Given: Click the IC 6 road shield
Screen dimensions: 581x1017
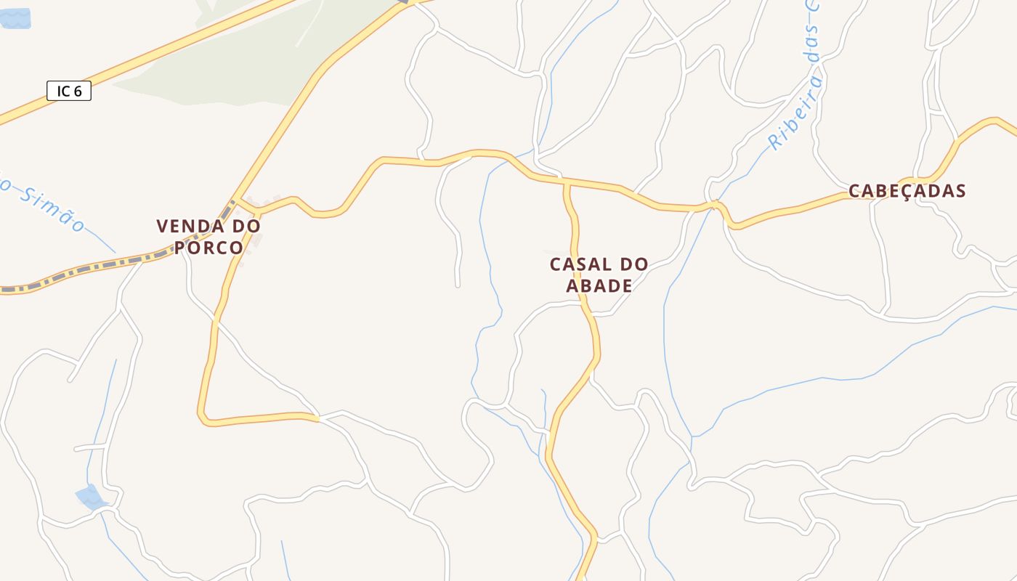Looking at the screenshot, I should (x=69, y=92).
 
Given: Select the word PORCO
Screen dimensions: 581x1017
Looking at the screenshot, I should (x=208, y=248).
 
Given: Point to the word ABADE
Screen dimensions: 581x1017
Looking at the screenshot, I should (x=599, y=285).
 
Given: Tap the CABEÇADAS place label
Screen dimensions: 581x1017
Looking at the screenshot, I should (x=907, y=191).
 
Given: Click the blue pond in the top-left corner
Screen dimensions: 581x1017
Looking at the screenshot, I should (x=15, y=18).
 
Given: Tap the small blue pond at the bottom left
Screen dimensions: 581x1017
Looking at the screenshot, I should (x=91, y=498).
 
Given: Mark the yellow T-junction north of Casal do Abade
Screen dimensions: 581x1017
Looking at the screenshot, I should (x=567, y=184).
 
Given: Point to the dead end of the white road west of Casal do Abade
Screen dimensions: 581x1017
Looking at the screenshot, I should (x=458, y=285).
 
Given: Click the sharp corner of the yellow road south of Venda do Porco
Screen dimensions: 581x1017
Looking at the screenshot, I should (x=204, y=419).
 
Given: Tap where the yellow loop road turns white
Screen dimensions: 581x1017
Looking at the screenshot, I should (x=317, y=418).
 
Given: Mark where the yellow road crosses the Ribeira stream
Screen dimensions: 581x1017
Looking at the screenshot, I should (x=715, y=206).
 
